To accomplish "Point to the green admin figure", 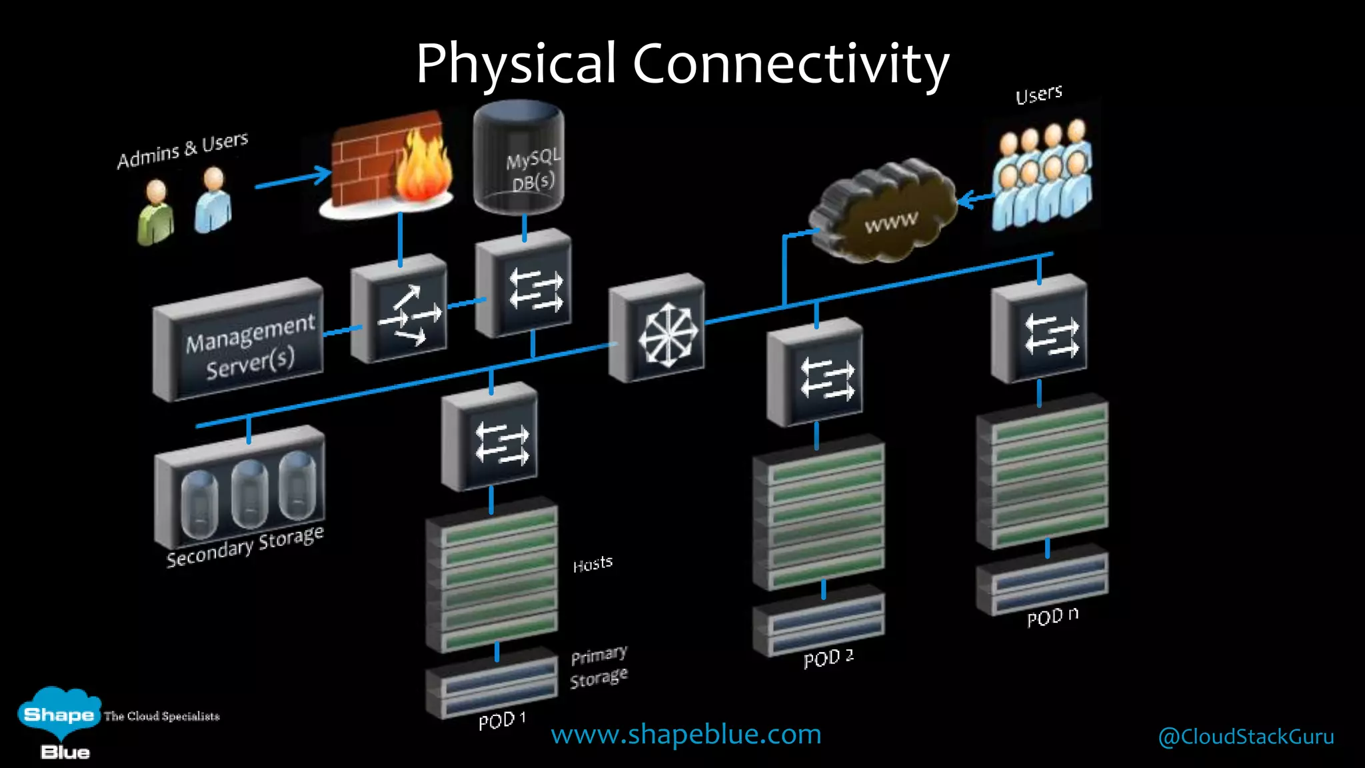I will coord(155,213).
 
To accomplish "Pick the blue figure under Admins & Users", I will coord(213,200).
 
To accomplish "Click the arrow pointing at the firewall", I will coord(293,179).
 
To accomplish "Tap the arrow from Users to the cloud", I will coord(974,198).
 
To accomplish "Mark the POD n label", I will coord(1052,617).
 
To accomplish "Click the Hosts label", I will coord(593,564).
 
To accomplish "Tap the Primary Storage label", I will coord(599,667).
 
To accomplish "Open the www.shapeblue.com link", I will coord(686,734).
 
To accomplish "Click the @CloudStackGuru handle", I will coord(1246,736).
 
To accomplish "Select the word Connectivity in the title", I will coord(790,65).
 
